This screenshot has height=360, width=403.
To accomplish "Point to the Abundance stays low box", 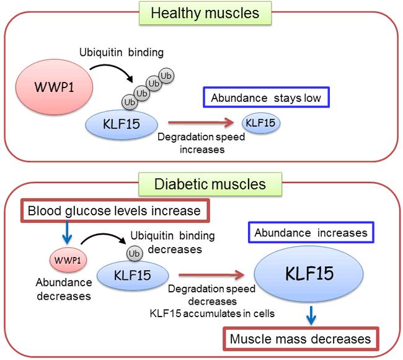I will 265,98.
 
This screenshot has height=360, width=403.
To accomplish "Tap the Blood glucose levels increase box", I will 115,211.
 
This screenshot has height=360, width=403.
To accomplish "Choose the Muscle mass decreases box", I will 301,339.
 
